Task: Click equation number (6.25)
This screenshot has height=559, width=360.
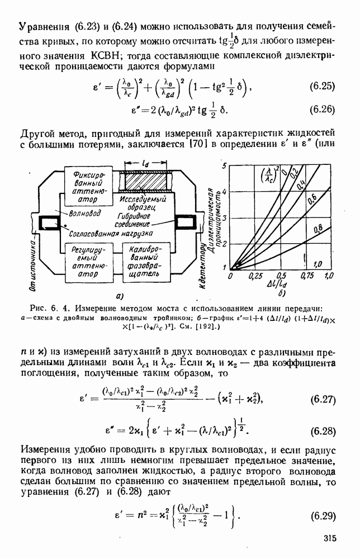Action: [x=321, y=87]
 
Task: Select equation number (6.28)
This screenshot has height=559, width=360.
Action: [x=321, y=431]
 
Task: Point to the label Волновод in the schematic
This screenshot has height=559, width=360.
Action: [x=84, y=214]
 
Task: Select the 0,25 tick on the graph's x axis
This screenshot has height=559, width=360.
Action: [x=255, y=276]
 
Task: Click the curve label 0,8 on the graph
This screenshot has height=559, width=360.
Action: [x=318, y=228]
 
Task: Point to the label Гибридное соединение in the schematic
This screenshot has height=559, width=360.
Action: [x=134, y=220]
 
